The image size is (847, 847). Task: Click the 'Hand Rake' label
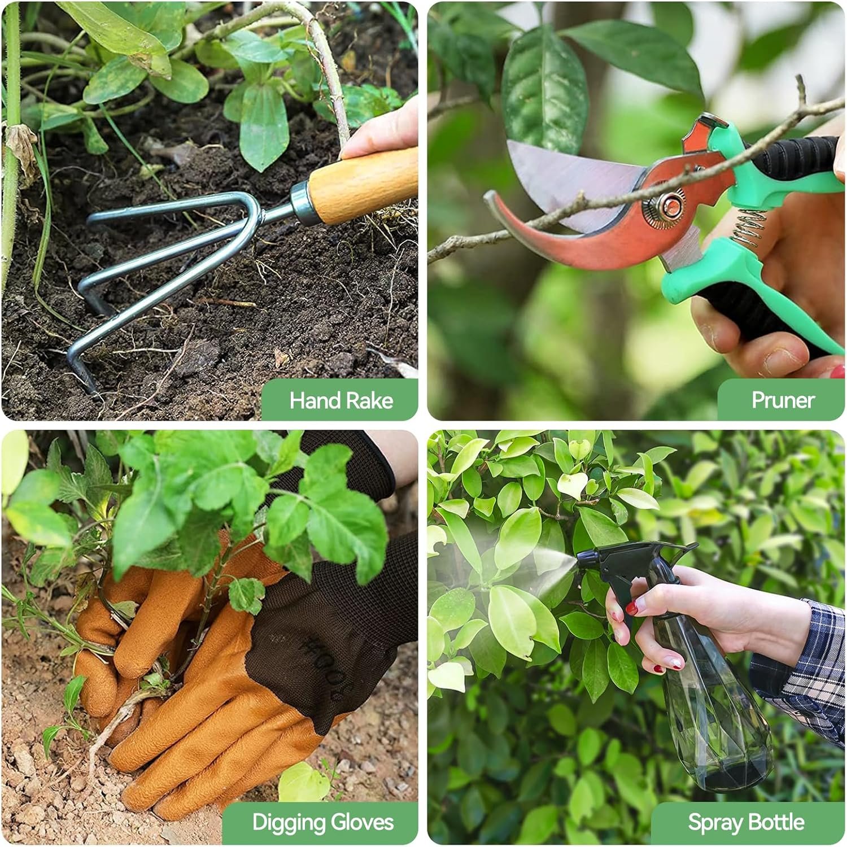(341, 400)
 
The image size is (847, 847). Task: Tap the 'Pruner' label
(783, 400)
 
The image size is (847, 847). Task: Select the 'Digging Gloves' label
(322, 822)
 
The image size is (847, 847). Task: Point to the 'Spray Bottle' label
(746, 822)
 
